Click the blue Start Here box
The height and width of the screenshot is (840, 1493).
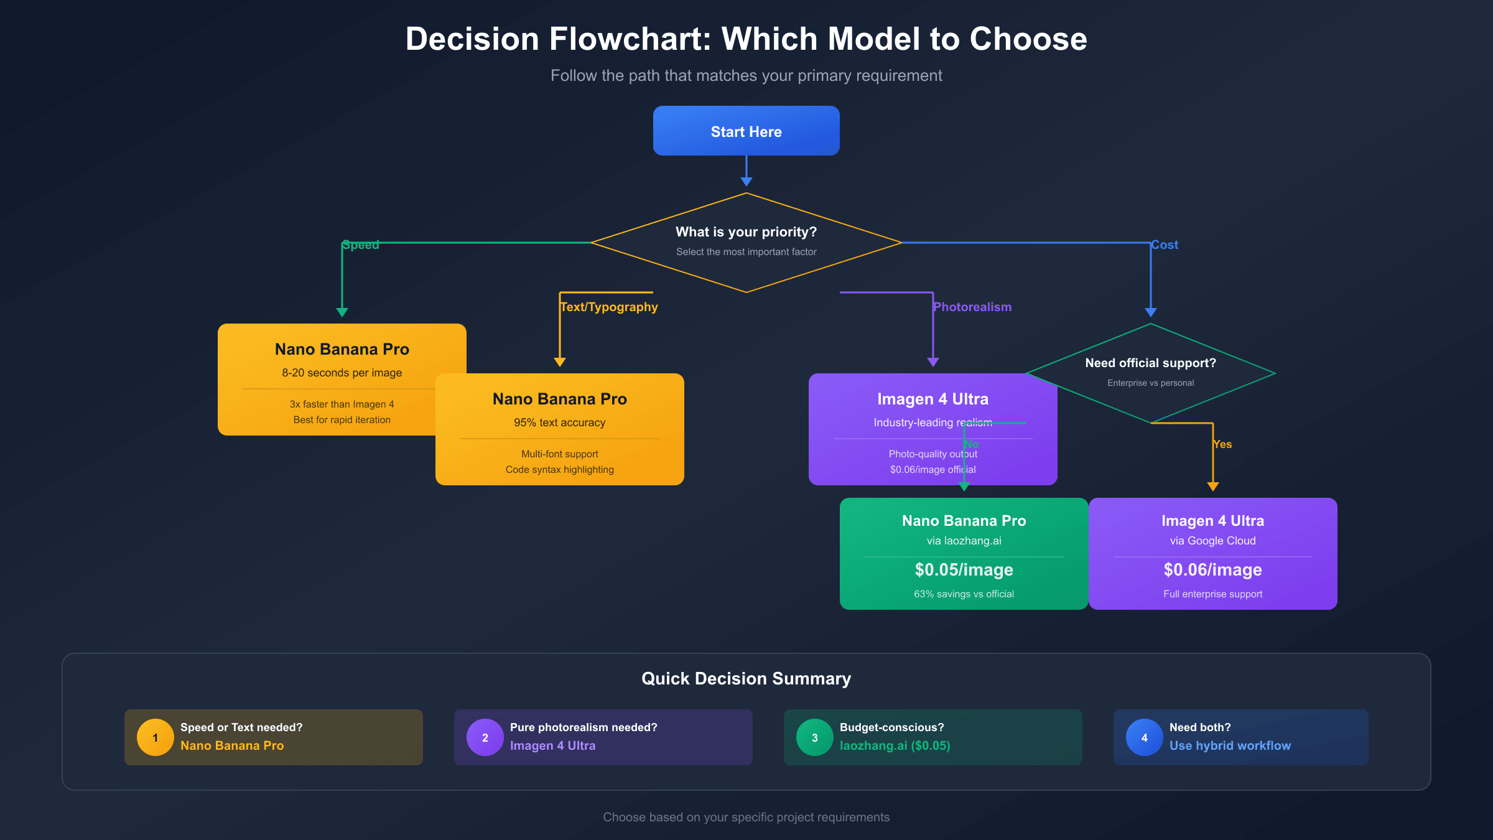(x=746, y=131)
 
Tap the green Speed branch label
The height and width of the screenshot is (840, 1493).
(x=361, y=245)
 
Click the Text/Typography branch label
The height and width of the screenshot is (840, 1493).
(x=608, y=307)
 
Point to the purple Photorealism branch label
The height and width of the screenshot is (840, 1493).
(x=972, y=307)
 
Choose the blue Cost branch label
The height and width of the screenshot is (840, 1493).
(x=1165, y=245)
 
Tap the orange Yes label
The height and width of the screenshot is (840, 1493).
(x=1222, y=444)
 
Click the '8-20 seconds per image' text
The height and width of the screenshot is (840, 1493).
(x=342, y=373)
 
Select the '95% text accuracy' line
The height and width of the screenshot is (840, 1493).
(x=559, y=422)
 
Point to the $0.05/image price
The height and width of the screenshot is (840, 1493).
(x=964, y=570)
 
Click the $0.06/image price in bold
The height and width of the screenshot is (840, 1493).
(x=1212, y=570)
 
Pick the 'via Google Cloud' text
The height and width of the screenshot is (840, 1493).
(x=1212, y=541)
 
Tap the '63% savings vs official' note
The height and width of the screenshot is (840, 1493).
(x=964, y=594)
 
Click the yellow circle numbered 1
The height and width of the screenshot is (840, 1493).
(x=155, y=737)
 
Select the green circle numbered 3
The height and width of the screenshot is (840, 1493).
(x=814, y=737)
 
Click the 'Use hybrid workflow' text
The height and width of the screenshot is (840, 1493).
(x=1230, y=745)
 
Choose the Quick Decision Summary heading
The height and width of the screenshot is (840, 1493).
(x=746, y=678)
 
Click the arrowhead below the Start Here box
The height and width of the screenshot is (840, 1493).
(x=746, y=181)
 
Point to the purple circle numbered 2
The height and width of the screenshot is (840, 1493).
(x=485, y=737)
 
